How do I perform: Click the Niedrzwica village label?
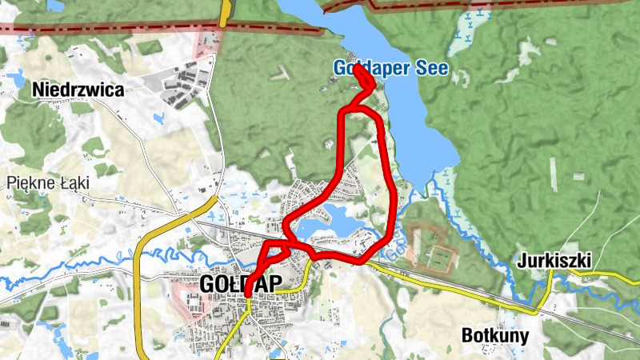click(x=78, y=90)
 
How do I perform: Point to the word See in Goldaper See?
click(x=432, y=68)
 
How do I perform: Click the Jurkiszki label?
click(x=554, y=260)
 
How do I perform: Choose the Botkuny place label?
click(x=495, y=335)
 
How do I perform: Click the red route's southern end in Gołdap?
click(x=248, y=294)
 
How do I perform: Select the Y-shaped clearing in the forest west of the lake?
click(x=279, y=74)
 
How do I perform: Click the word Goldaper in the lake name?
click(x=369, y=68)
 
